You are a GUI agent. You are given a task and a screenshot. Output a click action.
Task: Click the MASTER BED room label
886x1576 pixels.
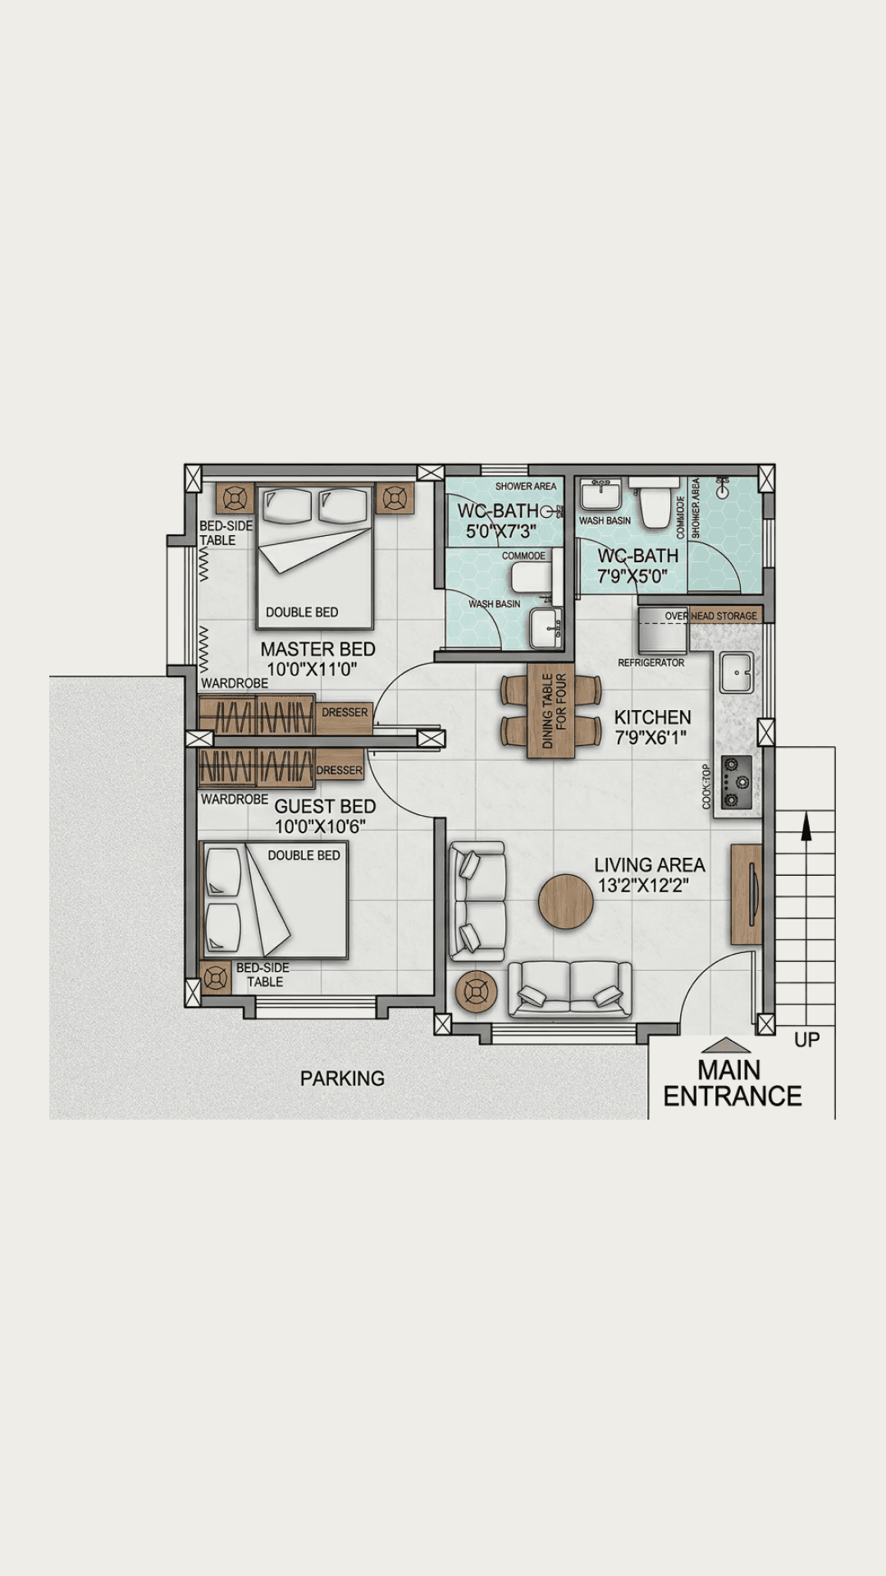click(317, 649)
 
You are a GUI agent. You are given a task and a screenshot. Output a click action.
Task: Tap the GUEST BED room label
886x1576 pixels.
click(325, 807)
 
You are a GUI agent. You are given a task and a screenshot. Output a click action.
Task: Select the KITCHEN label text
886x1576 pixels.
click(652, 717)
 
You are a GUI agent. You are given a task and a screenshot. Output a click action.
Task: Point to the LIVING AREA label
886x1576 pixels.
click(649, 865)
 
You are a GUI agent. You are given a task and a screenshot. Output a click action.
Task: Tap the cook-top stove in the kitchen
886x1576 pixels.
click(736, 782)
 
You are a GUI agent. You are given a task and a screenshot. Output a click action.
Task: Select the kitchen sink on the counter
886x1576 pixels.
click(737, 673)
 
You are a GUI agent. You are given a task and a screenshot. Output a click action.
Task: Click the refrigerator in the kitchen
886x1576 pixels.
click(663, 630)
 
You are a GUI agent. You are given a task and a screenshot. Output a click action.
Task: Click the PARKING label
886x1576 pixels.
click(342, 1079)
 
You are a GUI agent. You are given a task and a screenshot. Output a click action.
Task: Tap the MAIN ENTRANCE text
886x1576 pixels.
click(732, 1083)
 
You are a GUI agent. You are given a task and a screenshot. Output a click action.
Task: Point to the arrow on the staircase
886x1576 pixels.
click(806, 826)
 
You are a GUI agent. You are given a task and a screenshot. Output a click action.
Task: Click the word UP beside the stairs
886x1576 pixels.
click(806, 1040)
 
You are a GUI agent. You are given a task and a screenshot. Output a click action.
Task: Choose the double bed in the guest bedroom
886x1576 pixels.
click(275, 900)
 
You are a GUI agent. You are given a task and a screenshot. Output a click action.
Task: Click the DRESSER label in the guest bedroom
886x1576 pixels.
click(339, 770)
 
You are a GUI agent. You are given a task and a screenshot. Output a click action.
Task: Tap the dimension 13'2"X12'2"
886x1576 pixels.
click(643, 886)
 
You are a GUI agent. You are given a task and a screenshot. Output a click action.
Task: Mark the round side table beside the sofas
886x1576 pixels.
click(476, 992)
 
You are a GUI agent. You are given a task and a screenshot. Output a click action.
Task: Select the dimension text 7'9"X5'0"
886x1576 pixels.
click(632, 577)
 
